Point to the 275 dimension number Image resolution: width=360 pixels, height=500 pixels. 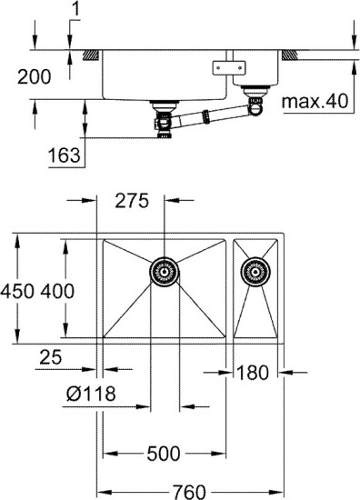132,202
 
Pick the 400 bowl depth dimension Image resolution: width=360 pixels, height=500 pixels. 56,291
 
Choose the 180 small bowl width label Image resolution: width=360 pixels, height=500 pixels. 255,371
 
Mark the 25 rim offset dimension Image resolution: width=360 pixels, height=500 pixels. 52,358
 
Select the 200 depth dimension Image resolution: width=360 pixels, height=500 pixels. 34,78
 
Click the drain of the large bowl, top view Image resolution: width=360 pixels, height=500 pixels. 164,270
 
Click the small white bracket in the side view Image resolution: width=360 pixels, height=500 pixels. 224,67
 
